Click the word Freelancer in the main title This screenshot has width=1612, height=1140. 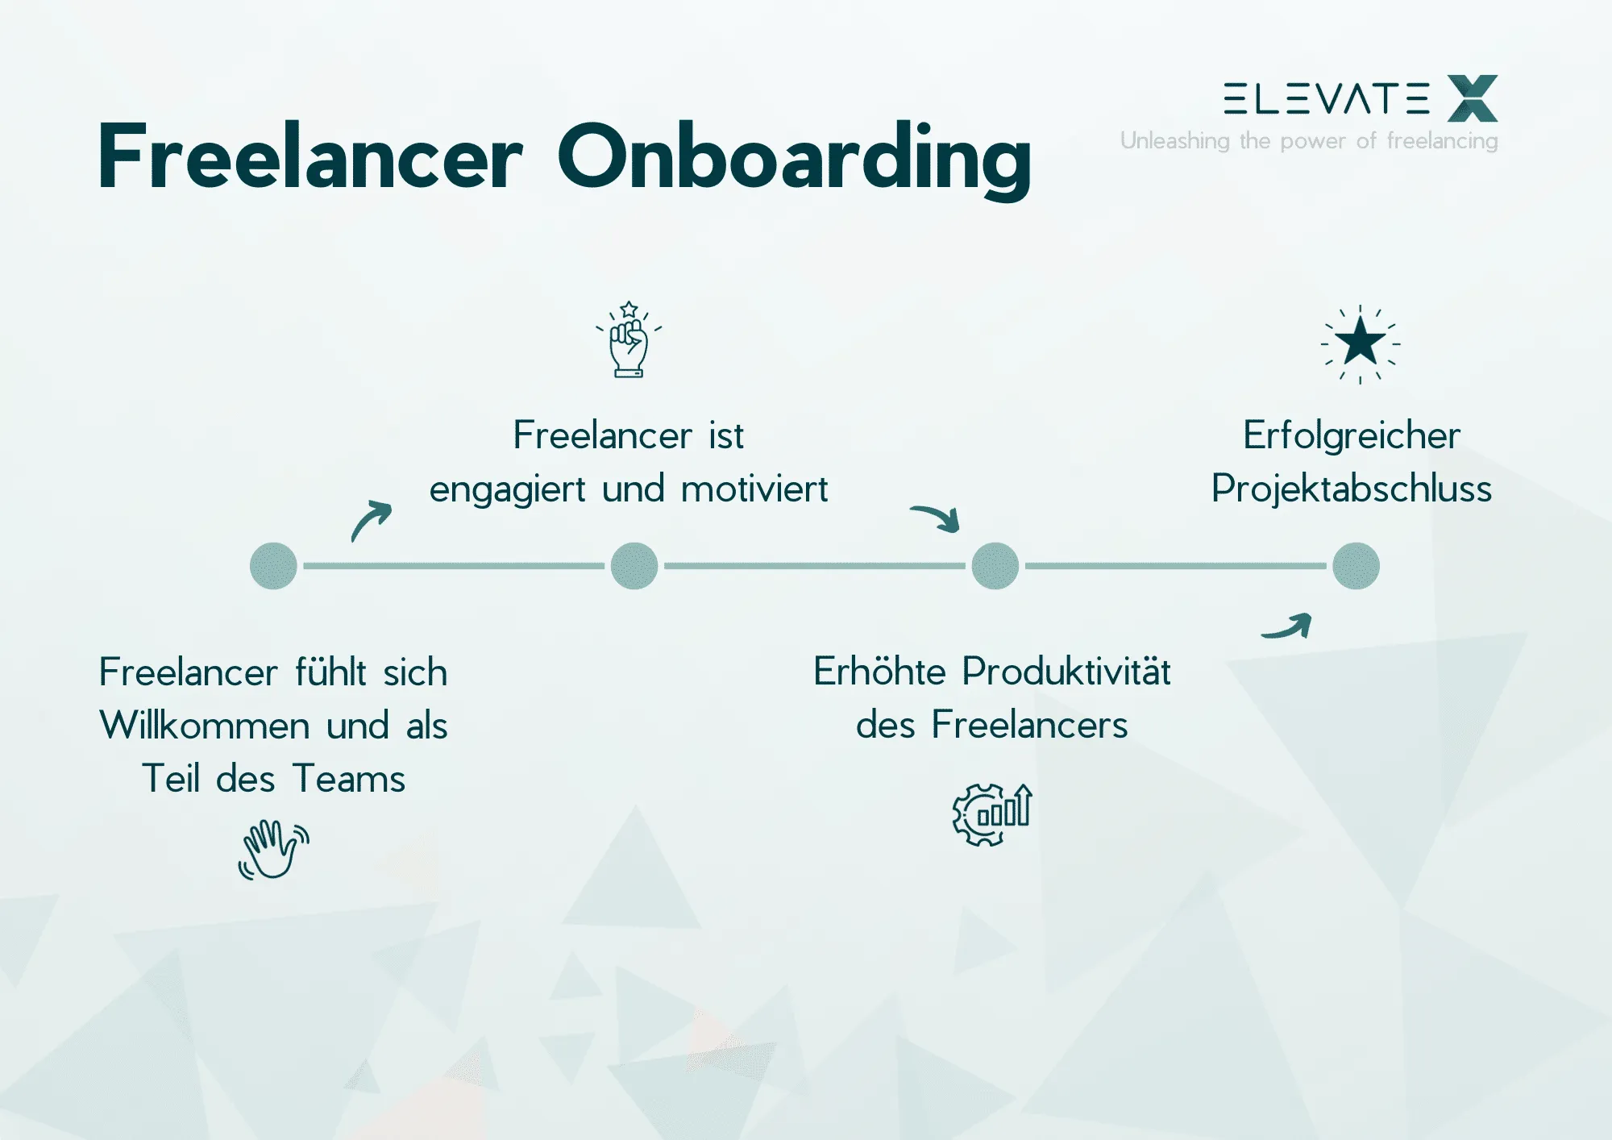click(x=310, y=157)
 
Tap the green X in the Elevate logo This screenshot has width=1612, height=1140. click(x=1472, y=98)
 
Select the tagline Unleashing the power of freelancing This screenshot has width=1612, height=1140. click(x=1309, y=141)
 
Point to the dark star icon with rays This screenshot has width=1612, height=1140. click(x=1360, y=343)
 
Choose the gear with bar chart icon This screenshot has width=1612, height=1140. click(x=991, y=814)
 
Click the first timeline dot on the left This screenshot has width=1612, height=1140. click(x=274, y=566)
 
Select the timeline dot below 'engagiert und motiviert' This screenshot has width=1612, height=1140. click(x=634, y=566)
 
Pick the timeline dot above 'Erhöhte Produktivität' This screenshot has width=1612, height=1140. click(x=995, y=566)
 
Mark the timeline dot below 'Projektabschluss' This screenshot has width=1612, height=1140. click(x=1356, y=566)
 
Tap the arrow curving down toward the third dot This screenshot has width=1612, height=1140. click(x=937, y=518)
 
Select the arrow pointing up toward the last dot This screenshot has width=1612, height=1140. click(x=1287, y=626)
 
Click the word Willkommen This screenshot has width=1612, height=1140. click(x=205, y=725)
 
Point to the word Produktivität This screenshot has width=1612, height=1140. click(x=1066, y=672)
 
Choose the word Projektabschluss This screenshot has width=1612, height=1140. click(x=1352, y=489)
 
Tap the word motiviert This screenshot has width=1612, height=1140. click(x=754, y=489)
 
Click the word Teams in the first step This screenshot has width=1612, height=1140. click(x=349, y=779)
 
